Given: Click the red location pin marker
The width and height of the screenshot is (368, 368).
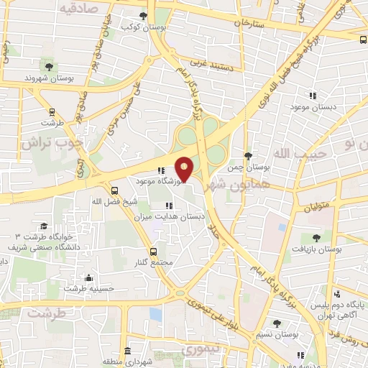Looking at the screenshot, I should (x=185, y=168).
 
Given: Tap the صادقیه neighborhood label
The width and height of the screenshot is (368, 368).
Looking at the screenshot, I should (x=78, y=9).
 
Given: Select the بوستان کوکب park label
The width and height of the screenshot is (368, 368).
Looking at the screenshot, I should (x=139, y=27).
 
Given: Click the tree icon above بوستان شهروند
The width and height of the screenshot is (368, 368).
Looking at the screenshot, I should (x=49, y=65).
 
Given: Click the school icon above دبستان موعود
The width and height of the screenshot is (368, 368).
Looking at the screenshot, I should (x=313, y=95).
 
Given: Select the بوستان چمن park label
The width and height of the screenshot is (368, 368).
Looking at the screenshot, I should (x=247, y=166).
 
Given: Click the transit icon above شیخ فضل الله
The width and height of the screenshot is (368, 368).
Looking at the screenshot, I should (x=115, y=190).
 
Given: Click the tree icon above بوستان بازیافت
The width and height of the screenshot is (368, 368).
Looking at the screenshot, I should (x=317, y=237).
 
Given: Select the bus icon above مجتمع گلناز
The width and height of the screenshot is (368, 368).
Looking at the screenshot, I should (x=153, y=252).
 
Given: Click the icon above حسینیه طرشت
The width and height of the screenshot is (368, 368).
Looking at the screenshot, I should (x=88, y=278).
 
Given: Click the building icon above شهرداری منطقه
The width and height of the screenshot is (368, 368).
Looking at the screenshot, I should (x=127, y=351).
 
